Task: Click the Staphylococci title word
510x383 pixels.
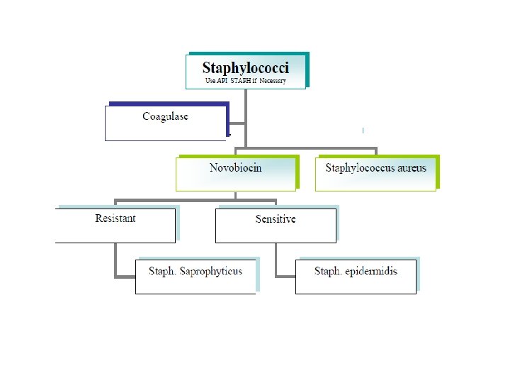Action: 245,68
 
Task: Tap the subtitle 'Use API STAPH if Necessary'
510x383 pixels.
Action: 245,81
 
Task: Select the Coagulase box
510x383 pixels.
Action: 165,122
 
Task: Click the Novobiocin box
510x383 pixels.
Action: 235,173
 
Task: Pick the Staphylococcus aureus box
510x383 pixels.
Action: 375,173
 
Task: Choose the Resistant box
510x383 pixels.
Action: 115,225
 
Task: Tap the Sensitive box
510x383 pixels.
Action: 276,225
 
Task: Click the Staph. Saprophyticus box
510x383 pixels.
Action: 195,276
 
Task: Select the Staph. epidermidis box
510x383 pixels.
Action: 356,276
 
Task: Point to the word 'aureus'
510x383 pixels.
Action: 412,168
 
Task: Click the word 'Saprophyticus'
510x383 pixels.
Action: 211,271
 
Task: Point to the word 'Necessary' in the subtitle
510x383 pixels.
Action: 272,81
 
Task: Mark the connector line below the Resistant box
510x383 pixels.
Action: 115,260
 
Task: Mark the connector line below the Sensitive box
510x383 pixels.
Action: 276,260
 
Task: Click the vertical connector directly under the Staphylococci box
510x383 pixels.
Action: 246,113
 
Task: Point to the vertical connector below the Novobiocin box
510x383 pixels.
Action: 236,196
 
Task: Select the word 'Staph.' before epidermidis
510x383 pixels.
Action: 329,271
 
